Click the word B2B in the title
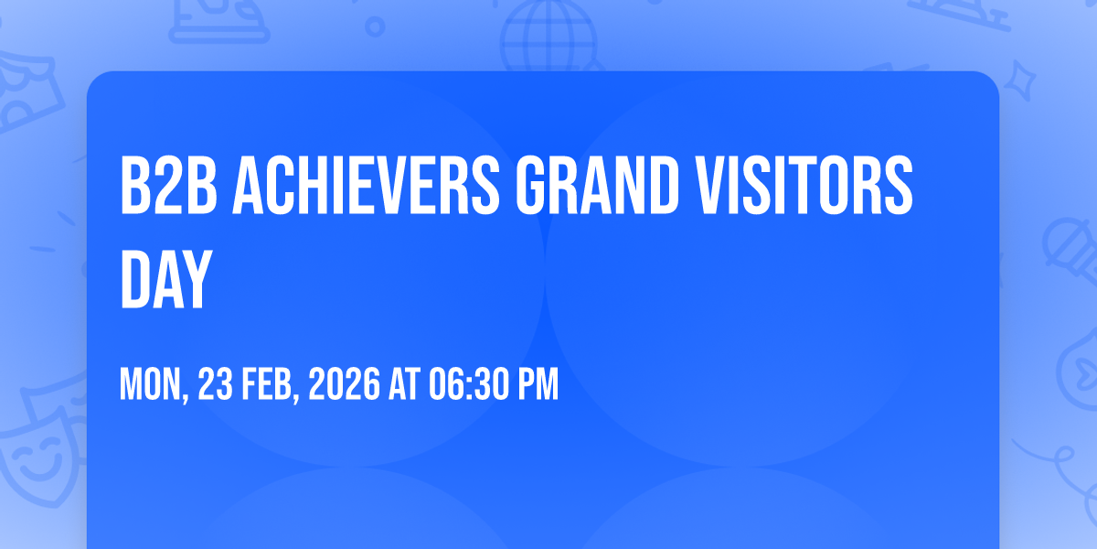pyautogui.click(x=168, y=185)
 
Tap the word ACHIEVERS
pyautogui.click(x=366, y=185)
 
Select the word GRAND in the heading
pyautogui.click(x=598, y=185)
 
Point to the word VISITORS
pyautogui.click(x=804, y=185)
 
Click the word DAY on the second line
pyautogui.click(x=166, y=279)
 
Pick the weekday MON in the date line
pyautogui.click(x=154, y=385)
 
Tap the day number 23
pyautogui.click(x=215, y=383)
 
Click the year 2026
pyautogui.click(x=345, y=383)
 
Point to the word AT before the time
pyautogui.click(x=404, y=383)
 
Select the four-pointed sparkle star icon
pyautogui.click(x=1019, y=81)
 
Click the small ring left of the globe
pyautogui.click(x=375, y=27)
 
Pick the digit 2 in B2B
pyautogui.click(x=169, y=185)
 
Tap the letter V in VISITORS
pyautogui.click(x=711, y=185)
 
